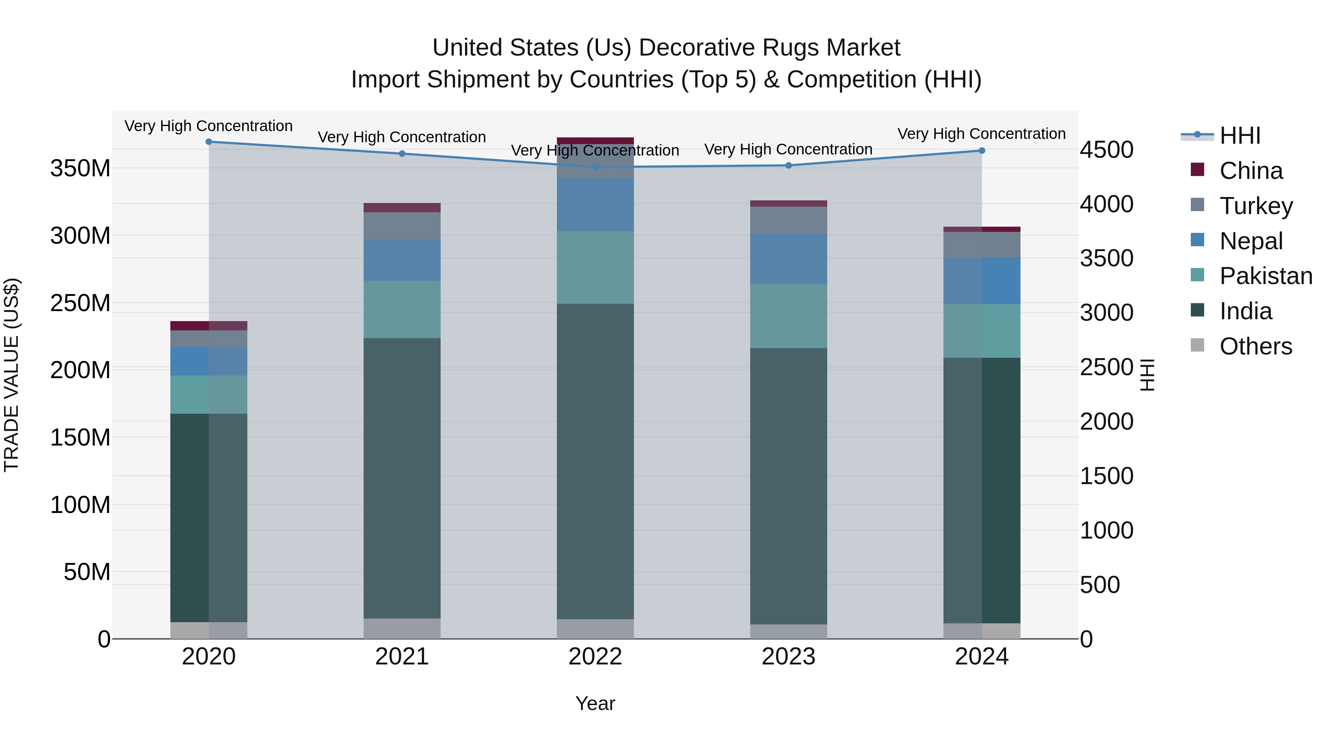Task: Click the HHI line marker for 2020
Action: pyautogui.click(x=208, y=142)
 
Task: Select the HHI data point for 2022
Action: pyautogui.click(x=595, y=167)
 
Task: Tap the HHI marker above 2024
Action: pyautogui.click(x=982, y=151)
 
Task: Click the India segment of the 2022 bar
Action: pyautogui.click(x=595, y=461)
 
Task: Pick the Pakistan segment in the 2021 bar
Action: pyautogui.click(x=402, y=310)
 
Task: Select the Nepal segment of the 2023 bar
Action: pyautogui.click(x=789, y=259)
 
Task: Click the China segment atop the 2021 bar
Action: pyautogui.click(x=402, y=207)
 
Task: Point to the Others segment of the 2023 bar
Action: pyautogui.click(x=789, y=631)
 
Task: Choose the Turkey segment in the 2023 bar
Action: pyautogui.click(x=789, y=220)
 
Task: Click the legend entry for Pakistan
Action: pyautogui.click(x=1265, y=276)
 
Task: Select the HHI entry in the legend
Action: pyautogui.click(x=1239, y=136)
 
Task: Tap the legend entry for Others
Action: pyautogui.click(x=1255, y=346)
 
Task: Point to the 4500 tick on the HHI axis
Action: pyautogui.click(x=1106, y=150)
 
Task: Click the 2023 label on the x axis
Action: pyautogui.click(x=789, y=657)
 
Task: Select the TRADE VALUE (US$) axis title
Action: pyautogui.click(x=11, y=375)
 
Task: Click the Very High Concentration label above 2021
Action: pyautogui.click(x=402, y=137)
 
